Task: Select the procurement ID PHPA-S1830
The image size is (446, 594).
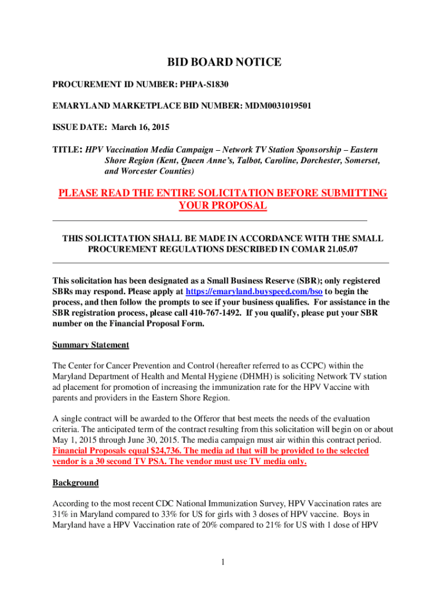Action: (204, 84)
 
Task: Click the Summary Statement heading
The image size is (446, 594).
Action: (90, 345)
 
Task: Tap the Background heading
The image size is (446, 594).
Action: (75, 483)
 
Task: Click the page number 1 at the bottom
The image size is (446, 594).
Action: (223, 562)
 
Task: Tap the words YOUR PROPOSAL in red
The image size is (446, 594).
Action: (223, 206)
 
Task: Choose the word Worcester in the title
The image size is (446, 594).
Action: (143, 172)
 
